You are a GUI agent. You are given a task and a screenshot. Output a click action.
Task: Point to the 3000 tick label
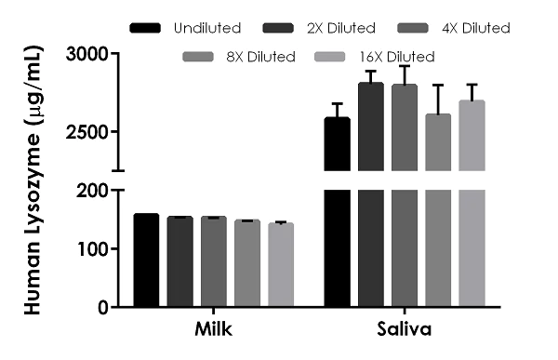click(89, 55)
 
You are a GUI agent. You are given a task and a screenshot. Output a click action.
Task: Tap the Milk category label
click(214, 330)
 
